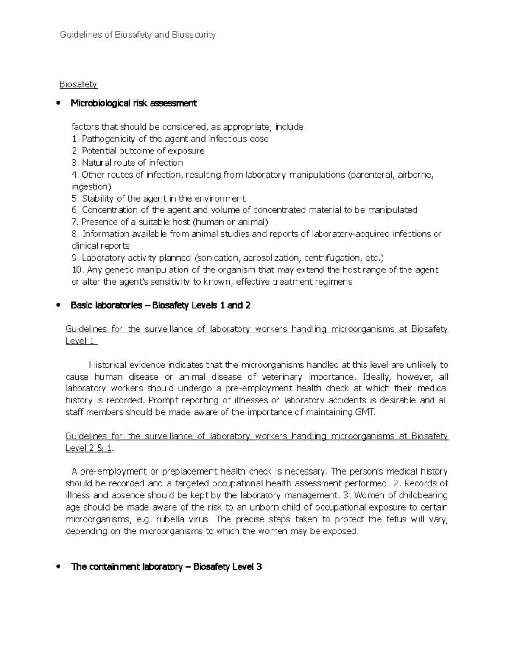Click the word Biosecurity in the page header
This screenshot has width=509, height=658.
pyautogui.click(x=193, y=35)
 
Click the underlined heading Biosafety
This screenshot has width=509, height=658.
pyautogui.click(x=78, y=84)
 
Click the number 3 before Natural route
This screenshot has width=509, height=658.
pyautogui.click(x=74, y=163)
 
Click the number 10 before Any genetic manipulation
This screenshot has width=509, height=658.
pyautogui.click(x=76, y=270)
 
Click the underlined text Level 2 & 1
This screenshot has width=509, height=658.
pyautogui.click(x=88, y=448)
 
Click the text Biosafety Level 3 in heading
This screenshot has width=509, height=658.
pyautogui.click(x=227, y=567)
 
